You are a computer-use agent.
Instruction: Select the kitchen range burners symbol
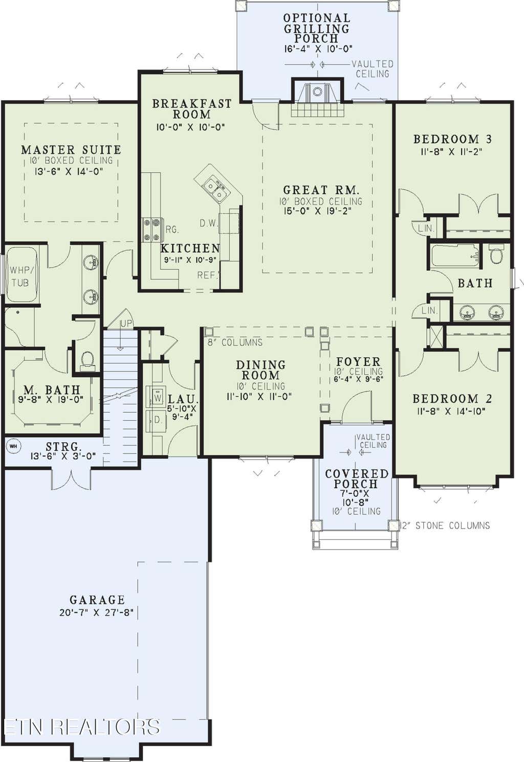tap(152, 230)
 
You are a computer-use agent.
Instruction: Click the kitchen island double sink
tap(216, 189)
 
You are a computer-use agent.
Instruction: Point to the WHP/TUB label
tap(20, 276)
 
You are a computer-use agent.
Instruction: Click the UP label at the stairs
tap(125, 323)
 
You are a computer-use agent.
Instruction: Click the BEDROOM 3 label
tap(452, 139)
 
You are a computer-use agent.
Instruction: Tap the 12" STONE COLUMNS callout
tap(446, 526)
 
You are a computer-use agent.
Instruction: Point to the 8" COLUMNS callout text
tap(235, 342)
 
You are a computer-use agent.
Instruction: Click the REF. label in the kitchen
tap(208, 275)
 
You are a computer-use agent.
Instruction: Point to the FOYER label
tap(358, 361)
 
